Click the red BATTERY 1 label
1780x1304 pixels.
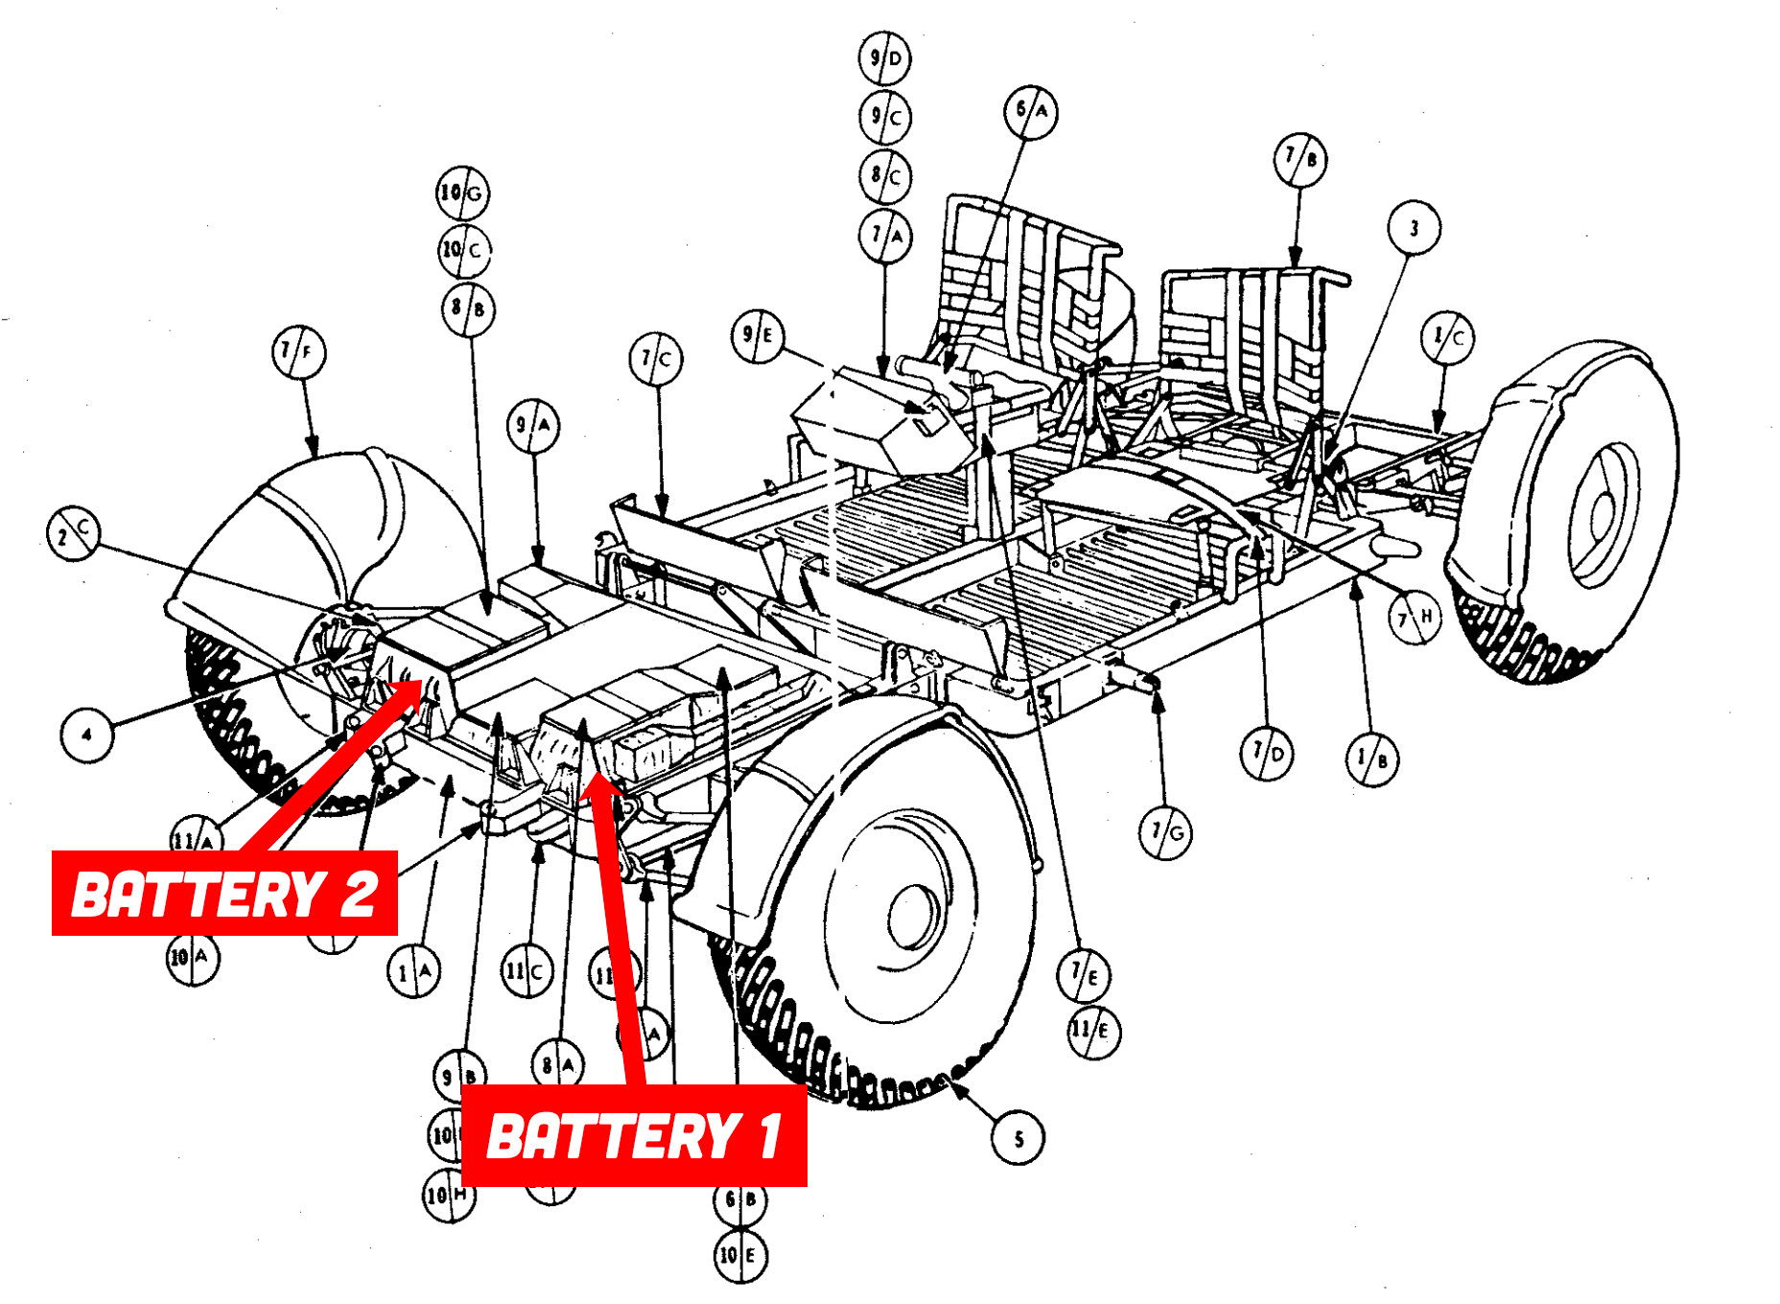(634, 1136)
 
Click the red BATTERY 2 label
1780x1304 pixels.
(224, 893)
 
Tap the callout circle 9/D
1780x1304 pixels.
(884, 58)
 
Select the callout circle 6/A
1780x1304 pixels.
(1031, 112)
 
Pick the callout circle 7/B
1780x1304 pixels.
(1300, 159)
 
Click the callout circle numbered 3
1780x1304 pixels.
(1414, 228)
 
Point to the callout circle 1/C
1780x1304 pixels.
(1447, 338)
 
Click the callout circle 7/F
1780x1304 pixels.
(298, 352)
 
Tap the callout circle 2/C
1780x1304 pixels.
(74, 533)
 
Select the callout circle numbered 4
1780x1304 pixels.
(86, 735)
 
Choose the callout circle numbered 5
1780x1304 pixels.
(1018, 1138)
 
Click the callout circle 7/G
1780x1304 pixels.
(1166, 832)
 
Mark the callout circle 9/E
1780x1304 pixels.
(758, 336)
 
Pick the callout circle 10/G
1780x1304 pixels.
(462, 193)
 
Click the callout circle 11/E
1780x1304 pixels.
(1093, 1032)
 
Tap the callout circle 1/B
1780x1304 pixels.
(1371, 759)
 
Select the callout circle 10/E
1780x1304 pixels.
(740, 1255)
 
